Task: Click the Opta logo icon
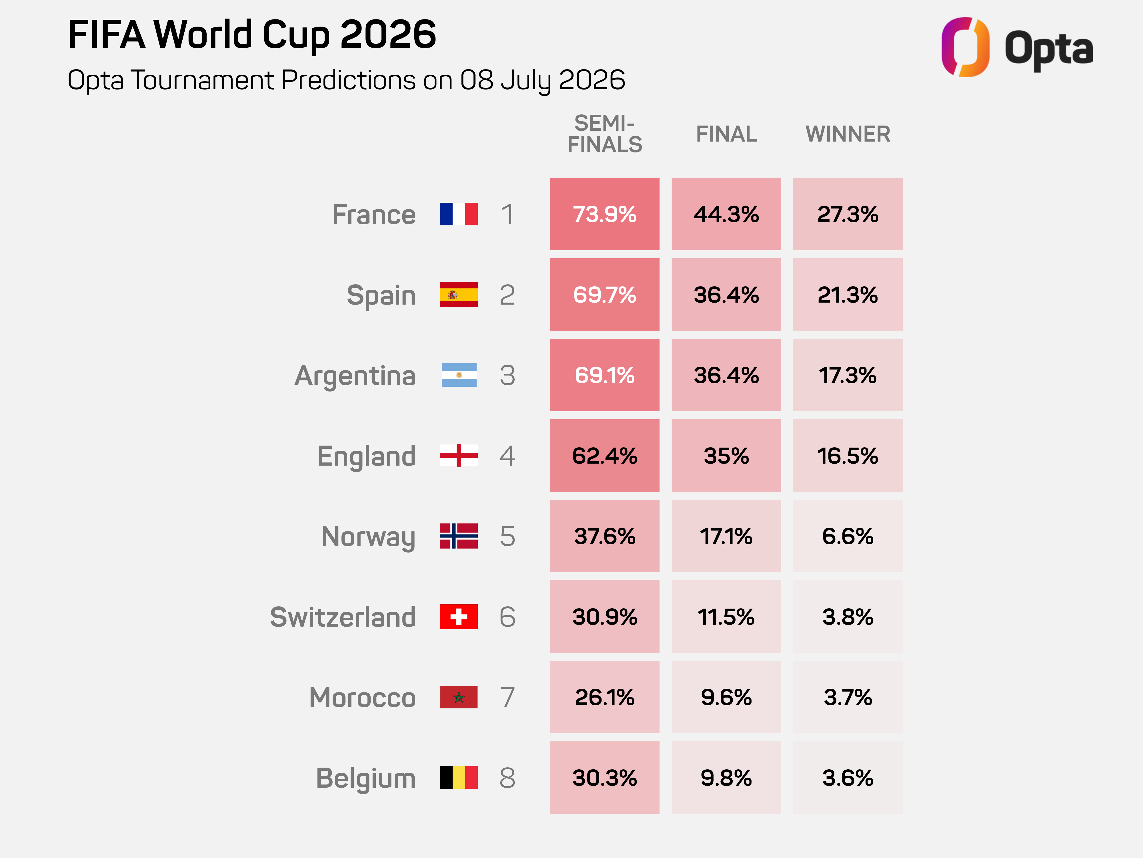pos(965,47)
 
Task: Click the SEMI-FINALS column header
pos(605,134)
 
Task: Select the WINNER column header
pos(848,134)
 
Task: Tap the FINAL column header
pos(726,134)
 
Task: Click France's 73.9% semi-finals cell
pos(605,214)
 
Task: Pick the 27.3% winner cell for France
pos(848,214)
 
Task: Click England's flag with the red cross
pos(459,456)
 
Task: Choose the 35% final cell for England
pos(726,456)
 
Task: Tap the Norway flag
pos(459,536)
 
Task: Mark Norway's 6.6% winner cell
pos(848,536)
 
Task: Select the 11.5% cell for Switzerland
pos(726,617)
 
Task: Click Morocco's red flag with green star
pos(459,697)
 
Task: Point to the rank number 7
pos(507,697)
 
